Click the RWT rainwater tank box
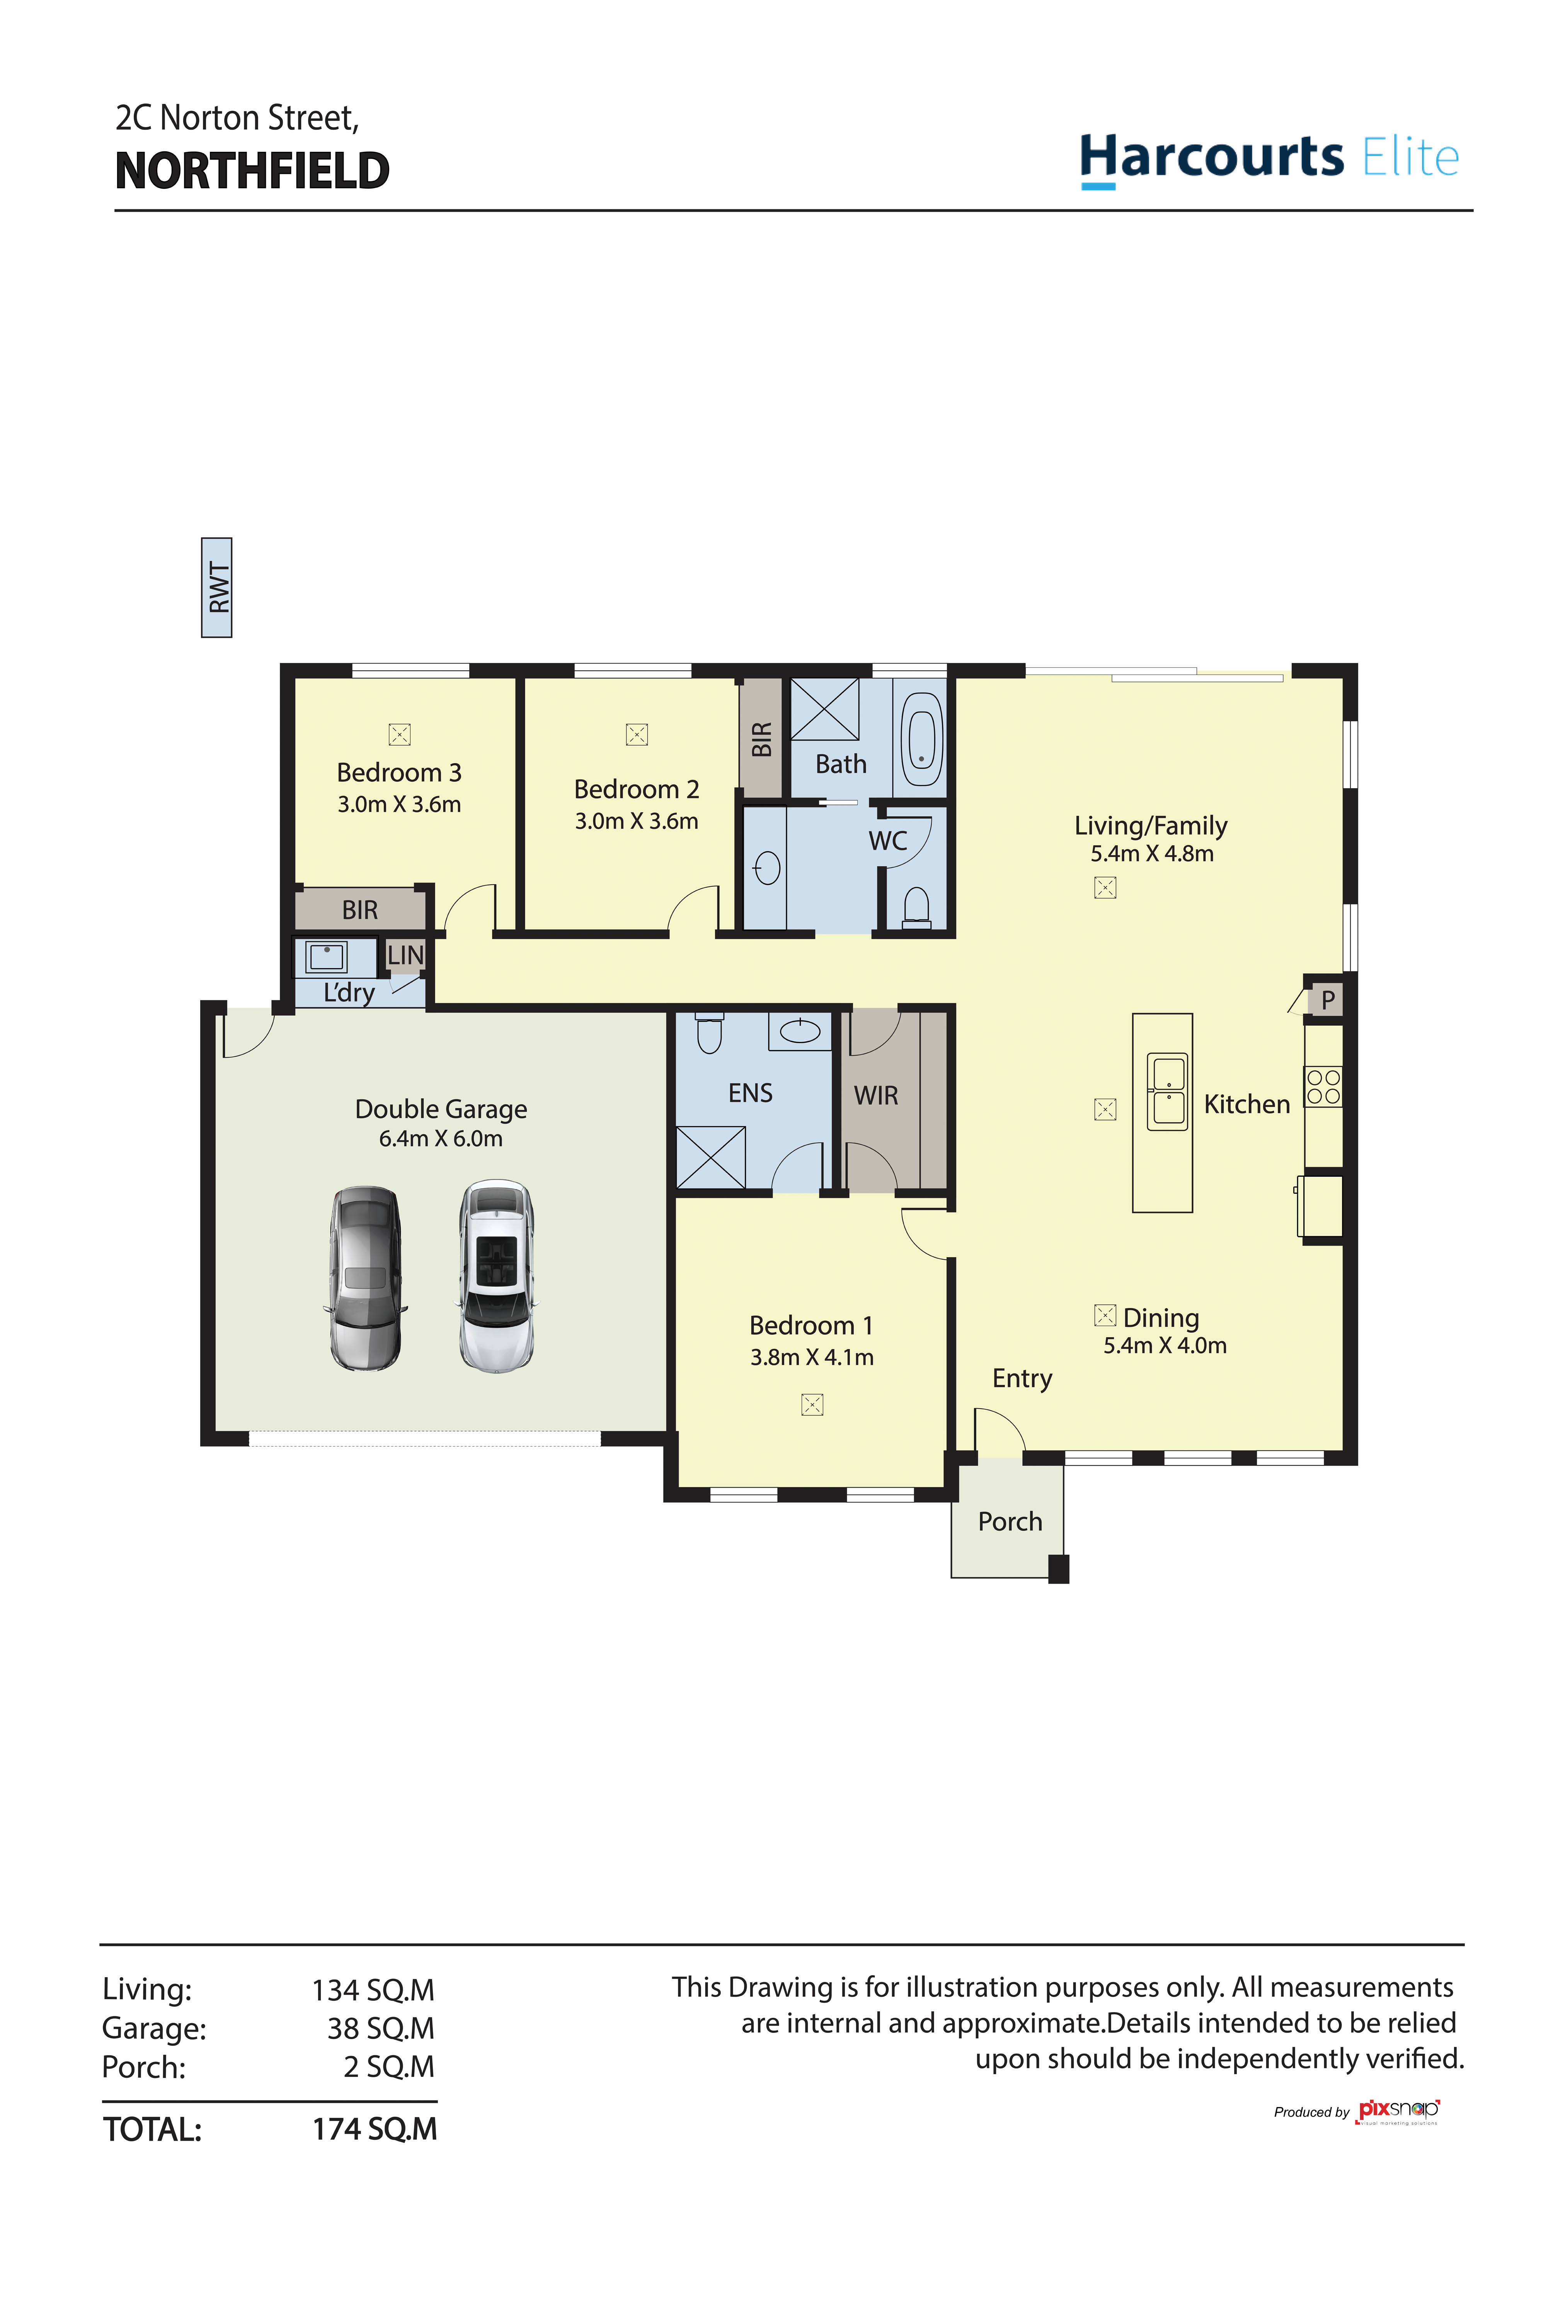coord(217,587)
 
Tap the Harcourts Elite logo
coord(1269,158)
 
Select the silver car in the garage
coord(365,1278)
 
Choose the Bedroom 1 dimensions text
coord(811,1357)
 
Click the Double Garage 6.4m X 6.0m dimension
coord(441,1138)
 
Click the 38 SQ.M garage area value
coord(381,2028)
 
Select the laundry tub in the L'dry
coord(326,956)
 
